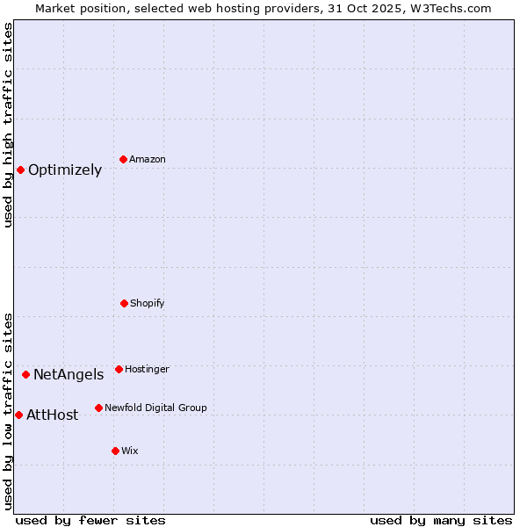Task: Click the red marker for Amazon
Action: pos(123,159)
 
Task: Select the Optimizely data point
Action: pos(20,170)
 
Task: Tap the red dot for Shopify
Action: pos(124,303)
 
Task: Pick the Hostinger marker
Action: pos(119,369)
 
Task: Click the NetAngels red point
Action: pos(25,374)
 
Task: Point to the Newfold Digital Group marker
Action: pos(98,408)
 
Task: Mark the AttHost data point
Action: pos(18,415)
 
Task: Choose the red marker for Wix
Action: pos(115,451)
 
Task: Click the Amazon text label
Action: pos(148,160)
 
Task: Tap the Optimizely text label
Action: pos(65,170)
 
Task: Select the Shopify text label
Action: pos(148,304)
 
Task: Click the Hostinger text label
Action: pos(147,370)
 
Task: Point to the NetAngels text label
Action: pos(69,375)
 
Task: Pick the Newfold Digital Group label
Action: pos(155,408)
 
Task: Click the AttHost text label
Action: pos(52,415)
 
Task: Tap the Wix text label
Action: pos(130,451)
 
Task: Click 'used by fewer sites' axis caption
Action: pos(90,521)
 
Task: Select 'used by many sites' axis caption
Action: pos(441,521)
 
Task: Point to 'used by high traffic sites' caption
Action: pos(8,125)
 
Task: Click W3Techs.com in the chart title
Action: pos(449,8)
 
